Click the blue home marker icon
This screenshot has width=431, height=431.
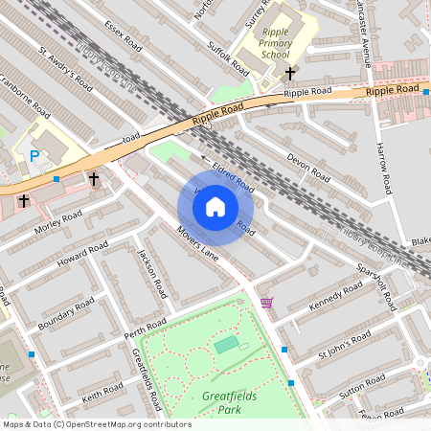click(215, 206)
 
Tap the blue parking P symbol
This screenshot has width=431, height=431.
click(35, 156)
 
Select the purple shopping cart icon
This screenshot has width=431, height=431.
click(266, 303)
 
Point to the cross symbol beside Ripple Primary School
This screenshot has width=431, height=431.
click(290, 73)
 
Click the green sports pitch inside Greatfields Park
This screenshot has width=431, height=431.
click(226, 344)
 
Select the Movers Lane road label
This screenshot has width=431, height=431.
click(199, 246)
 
